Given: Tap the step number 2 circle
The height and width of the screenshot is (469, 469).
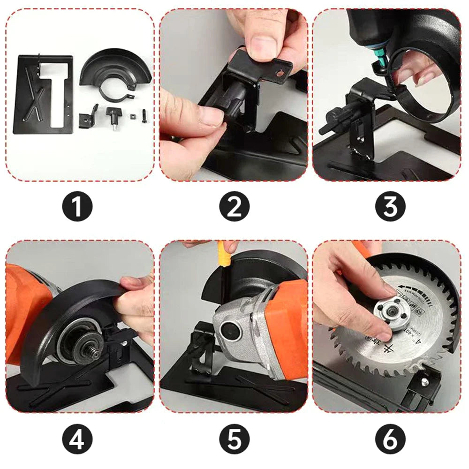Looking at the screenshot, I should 234,206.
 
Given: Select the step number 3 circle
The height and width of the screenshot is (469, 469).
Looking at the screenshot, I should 390,206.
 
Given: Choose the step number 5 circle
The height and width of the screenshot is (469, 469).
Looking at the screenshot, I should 234,439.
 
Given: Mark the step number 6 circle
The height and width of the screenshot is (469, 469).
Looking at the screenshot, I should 390,439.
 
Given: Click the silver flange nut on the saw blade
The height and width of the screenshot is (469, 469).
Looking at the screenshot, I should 386,313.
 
